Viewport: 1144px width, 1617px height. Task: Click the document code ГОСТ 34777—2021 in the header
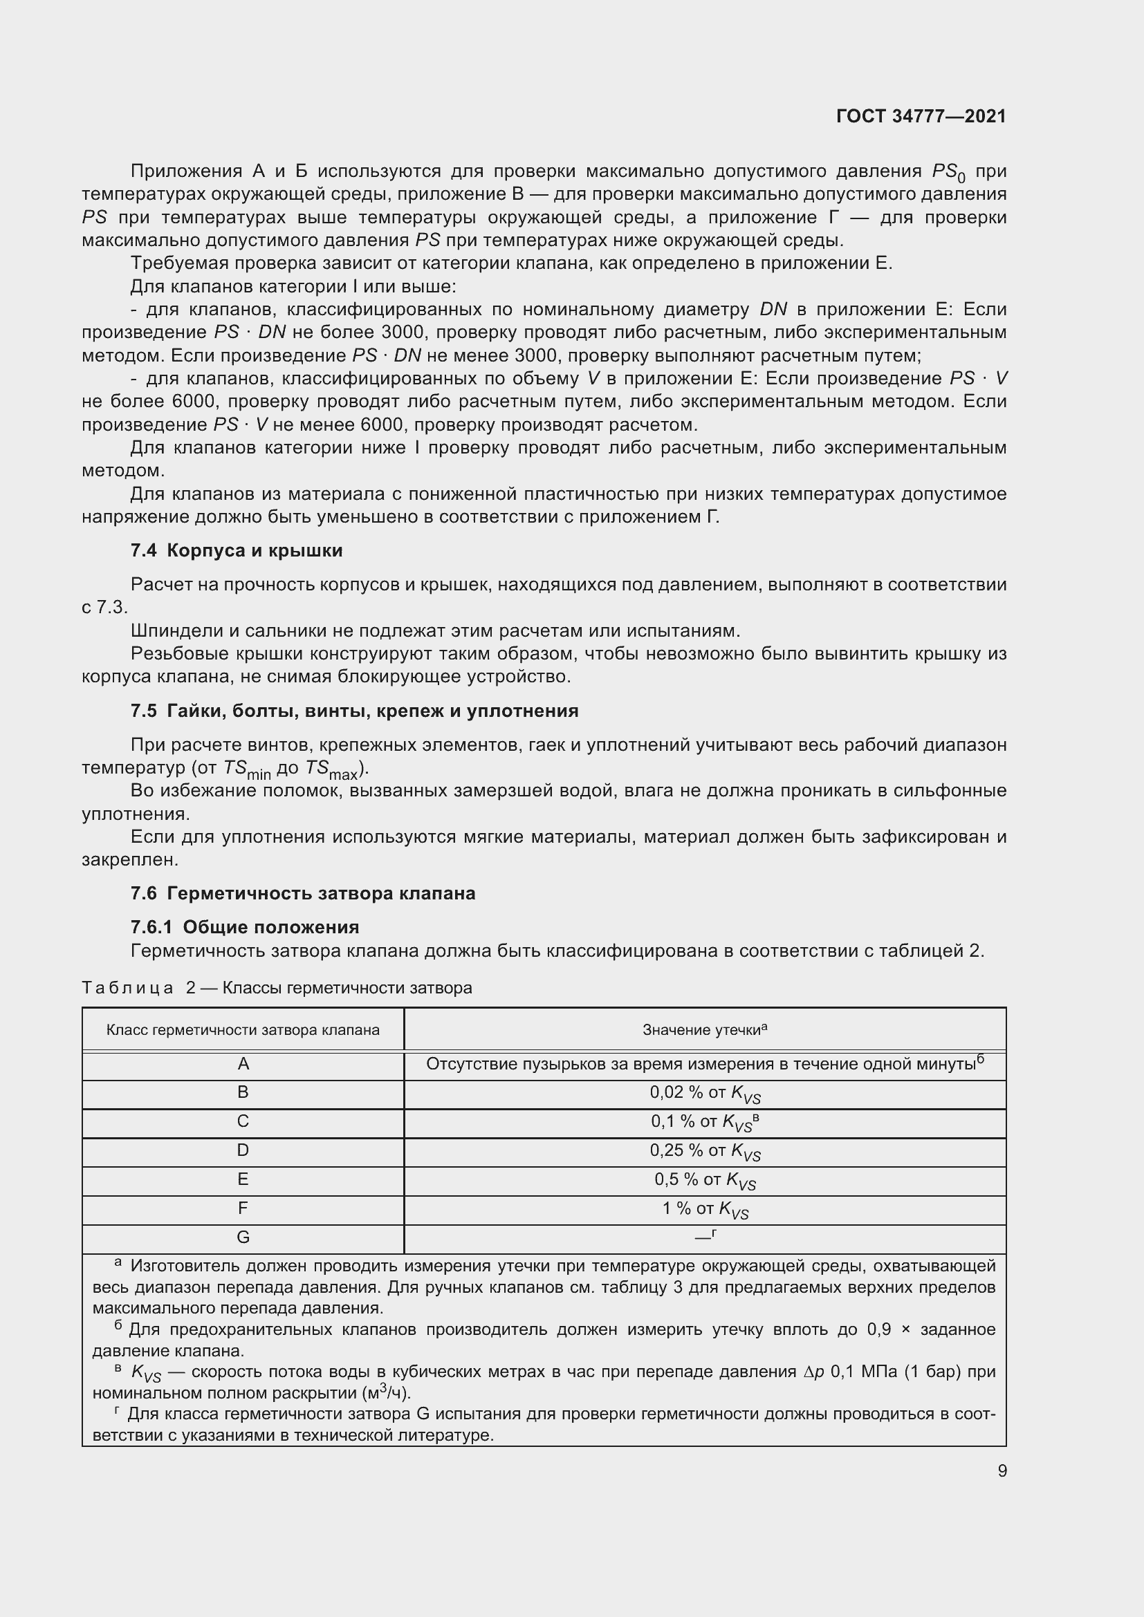point(921,116)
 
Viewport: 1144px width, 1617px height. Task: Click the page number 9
point(1002,1470)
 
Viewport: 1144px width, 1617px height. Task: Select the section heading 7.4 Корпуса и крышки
point(237,551)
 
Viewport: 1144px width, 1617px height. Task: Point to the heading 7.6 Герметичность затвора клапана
point(303,893)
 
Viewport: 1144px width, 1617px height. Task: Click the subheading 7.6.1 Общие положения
point(244,927)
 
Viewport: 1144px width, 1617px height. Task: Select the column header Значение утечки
point(703,1030)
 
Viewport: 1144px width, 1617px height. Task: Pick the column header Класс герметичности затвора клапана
point(243,1030)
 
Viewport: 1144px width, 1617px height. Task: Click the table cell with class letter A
point(243,1064)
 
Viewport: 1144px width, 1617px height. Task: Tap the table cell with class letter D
point(243,1151)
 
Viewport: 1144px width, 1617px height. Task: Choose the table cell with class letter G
point(243,1237)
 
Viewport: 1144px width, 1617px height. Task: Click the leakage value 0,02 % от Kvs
point(704,1093)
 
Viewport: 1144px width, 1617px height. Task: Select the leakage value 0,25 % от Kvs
point(704,1151)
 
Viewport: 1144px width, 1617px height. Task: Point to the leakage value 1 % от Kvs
point(704,1209)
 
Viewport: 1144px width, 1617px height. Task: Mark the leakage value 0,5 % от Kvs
point(704,1179)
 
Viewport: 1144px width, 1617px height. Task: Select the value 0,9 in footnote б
point(879,1329)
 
